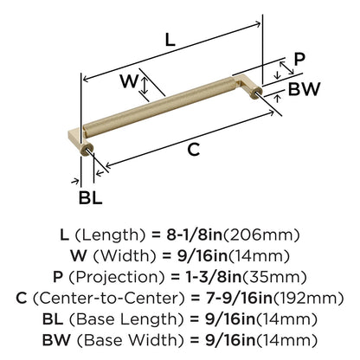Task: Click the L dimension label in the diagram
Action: tap(170, 40)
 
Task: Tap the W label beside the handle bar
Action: tap(130, 81)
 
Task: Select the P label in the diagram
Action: tap(299, 60)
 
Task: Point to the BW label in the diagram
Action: tap(305, 89)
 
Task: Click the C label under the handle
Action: tap(194, 150)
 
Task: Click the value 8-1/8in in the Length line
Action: tap(194, 235)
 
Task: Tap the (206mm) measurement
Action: tap(261, 235)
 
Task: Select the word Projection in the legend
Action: tap(118, 278)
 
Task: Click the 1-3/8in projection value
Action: tap(212, 277)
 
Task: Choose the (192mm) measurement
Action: tap(308, 299)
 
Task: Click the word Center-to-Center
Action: tap(109, 299)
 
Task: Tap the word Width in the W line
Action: tap(125, 256)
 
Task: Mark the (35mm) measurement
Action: tap(274, 278)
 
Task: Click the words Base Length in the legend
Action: tap(127, 320)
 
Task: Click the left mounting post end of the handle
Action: tap(87, 149)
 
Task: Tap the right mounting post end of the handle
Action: tap(255, 93)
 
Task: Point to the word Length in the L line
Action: tap(110, 236)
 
